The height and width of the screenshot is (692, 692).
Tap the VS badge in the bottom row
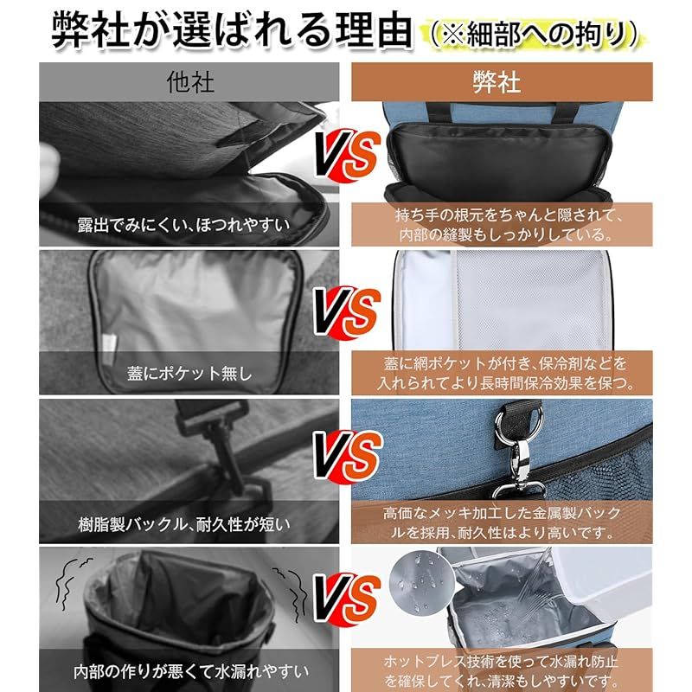click(346, 596)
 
